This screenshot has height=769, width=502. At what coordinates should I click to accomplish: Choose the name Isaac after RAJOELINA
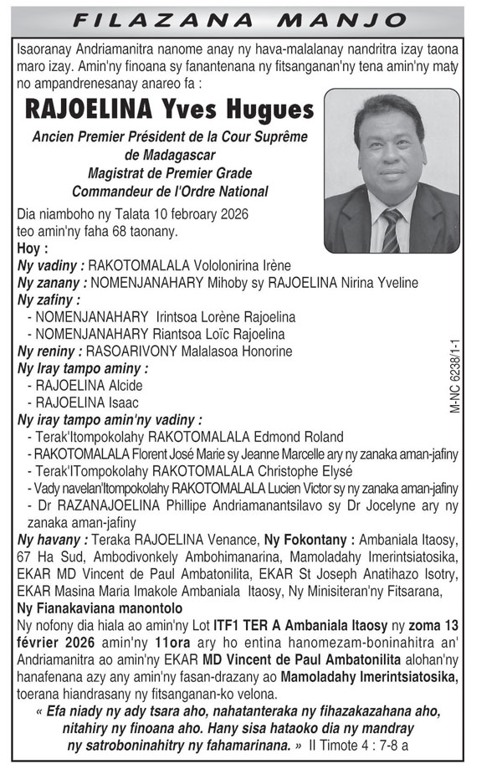point(124,402)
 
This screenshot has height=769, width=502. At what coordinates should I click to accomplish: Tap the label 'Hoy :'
point(33,249)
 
